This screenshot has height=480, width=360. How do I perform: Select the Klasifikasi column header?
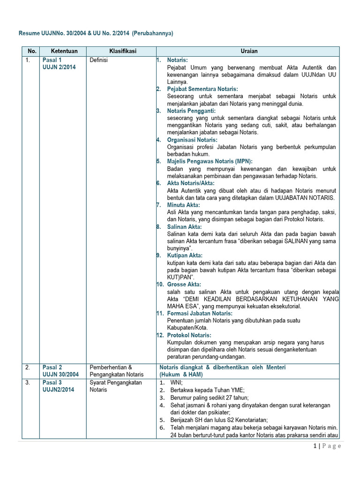click(x=122, y=51)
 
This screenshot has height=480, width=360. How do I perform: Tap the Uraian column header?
click(x=247, y=51)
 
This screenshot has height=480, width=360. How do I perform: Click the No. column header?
click(x=32, y=51)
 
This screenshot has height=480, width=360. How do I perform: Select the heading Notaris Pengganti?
click(x=191, y=111)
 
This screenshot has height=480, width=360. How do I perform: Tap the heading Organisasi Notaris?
click(x=192, y=140)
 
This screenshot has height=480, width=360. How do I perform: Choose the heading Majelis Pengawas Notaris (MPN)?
click(x=210, y=161)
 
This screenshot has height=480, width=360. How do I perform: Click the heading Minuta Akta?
click(x=183, y=205)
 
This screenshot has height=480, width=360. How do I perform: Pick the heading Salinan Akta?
click(x=184, y=227)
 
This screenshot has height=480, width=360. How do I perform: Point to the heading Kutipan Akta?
click(x=185, y=255)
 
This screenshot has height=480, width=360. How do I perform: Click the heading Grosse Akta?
click(x=184, y=285)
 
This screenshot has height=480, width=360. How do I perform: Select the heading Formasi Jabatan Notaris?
click(x=200, y=313)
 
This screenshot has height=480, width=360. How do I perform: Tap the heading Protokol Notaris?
click(x=189, y=335)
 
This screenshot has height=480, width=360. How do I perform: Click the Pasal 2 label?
click(x=52, y=367)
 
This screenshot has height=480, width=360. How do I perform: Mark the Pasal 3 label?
click(x=52, y=382)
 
